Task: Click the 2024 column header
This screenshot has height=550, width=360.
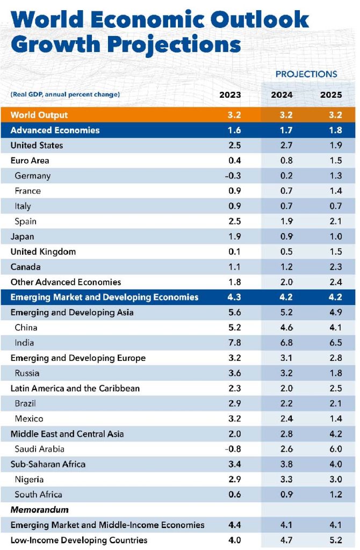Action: (x=282, y=95)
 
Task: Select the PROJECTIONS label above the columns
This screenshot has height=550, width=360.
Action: (x=306, y=74)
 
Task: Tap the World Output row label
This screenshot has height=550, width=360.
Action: (x=39, y=115)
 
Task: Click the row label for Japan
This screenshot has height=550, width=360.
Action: (x=22, y=236)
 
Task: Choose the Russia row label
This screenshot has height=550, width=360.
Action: (x=27, y=373)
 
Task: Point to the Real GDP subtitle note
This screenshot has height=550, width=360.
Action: (x=65, y=95)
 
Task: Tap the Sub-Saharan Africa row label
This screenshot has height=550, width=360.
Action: (x=48, y=464)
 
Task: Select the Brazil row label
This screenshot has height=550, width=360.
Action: (x=25, y=403)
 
